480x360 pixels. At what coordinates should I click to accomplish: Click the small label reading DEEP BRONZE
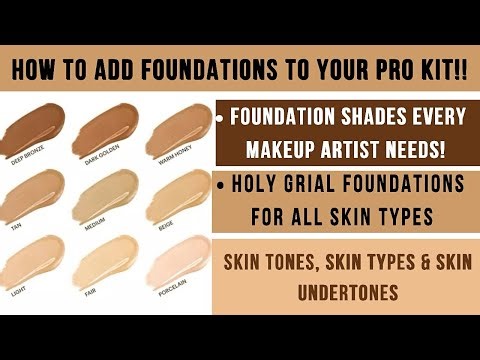[x=27, y=158]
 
